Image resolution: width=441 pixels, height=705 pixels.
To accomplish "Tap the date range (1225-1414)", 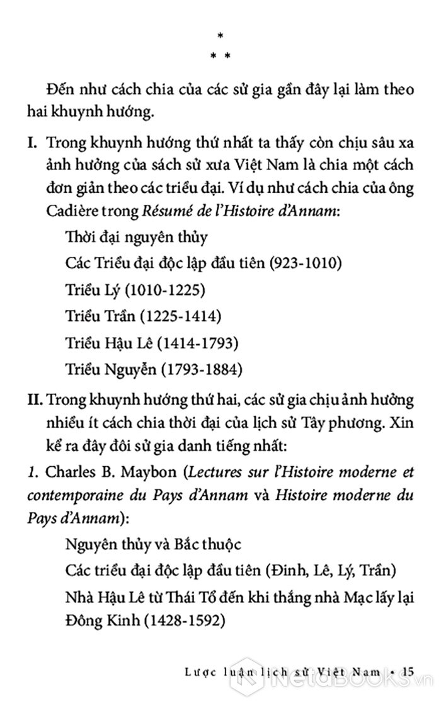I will pos(175,316).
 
